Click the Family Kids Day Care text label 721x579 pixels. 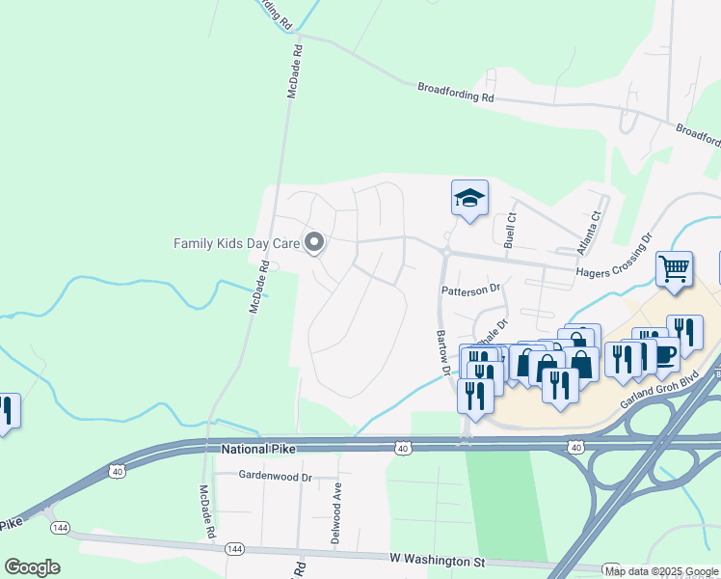click(x=236, y=243)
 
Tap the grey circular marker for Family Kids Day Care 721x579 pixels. click(x=313, y=243)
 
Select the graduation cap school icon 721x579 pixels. click(x=469, y=199)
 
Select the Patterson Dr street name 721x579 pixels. click(x=471, y=289)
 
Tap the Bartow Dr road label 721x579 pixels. click(x=443, y=351)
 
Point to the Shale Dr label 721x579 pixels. click(x=492, y=335)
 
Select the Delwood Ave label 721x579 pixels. click(x=336, y=515)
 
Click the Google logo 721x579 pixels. click(x=32, y=567)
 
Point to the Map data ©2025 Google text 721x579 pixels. click(x=661, y=571)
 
